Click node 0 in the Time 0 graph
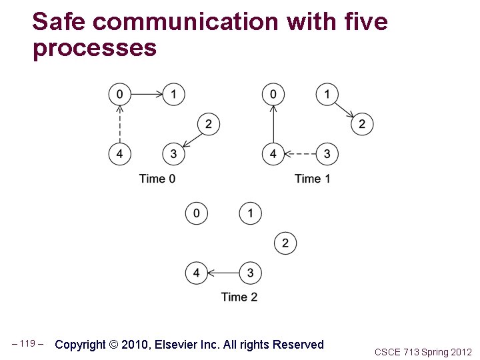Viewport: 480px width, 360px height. click(119, 94)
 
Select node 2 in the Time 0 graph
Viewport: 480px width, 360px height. click(209, 124)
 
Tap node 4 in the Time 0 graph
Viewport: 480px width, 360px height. click(119, 154)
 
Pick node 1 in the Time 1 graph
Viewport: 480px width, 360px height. click(327, 94)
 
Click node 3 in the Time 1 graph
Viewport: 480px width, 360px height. click(327, 154)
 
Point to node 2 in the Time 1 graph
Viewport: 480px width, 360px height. click(362, 124)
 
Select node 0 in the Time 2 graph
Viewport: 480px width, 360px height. click(196, 213)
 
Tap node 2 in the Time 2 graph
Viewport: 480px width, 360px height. click(285, 243)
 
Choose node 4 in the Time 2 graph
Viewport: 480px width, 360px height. click(196, 273)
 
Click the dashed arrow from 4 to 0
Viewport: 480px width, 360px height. click(119, 124)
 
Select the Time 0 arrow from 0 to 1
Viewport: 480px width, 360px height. click(147, 94)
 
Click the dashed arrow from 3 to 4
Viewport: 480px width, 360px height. click(300, 154)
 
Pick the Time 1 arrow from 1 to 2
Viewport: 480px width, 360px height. click(345, 109)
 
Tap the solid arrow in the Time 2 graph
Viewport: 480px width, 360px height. click(223, 273)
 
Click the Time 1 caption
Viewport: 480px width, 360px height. click(312, 179)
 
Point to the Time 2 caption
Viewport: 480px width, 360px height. click(239, 297)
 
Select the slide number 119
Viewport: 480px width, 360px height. click(27, 344)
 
